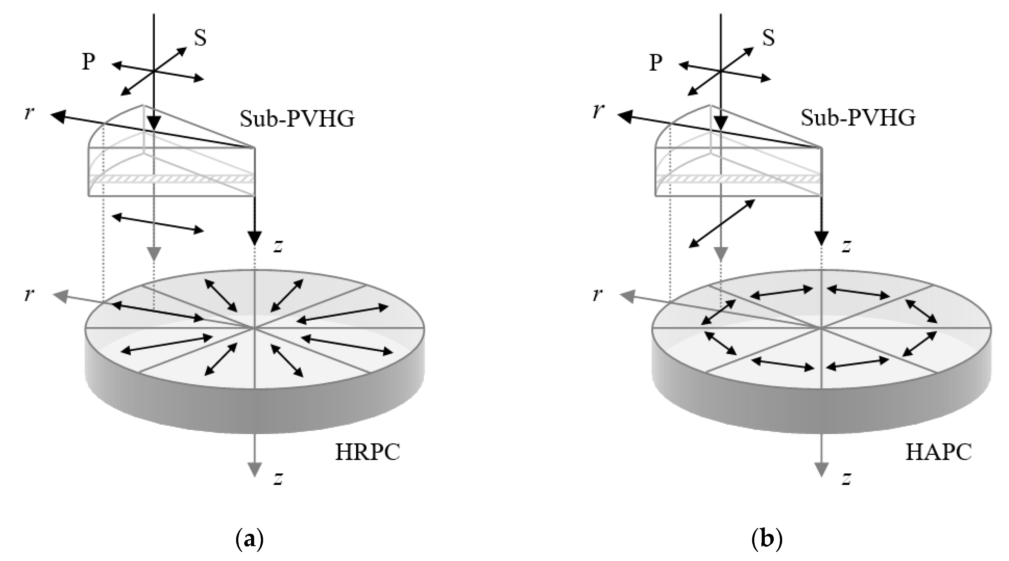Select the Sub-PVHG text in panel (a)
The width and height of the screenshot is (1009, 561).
[297, 119]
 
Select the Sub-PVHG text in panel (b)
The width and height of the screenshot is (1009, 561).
[858, 117]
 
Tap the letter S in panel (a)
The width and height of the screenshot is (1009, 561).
[200, 39]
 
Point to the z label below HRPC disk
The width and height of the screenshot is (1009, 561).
[278, 478]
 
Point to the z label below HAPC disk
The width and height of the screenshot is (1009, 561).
[846, 478]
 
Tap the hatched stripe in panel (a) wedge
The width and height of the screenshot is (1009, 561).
[172, 178]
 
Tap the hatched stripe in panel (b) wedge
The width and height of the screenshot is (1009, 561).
[738, 178]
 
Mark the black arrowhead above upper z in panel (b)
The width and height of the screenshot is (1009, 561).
[822, 237]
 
